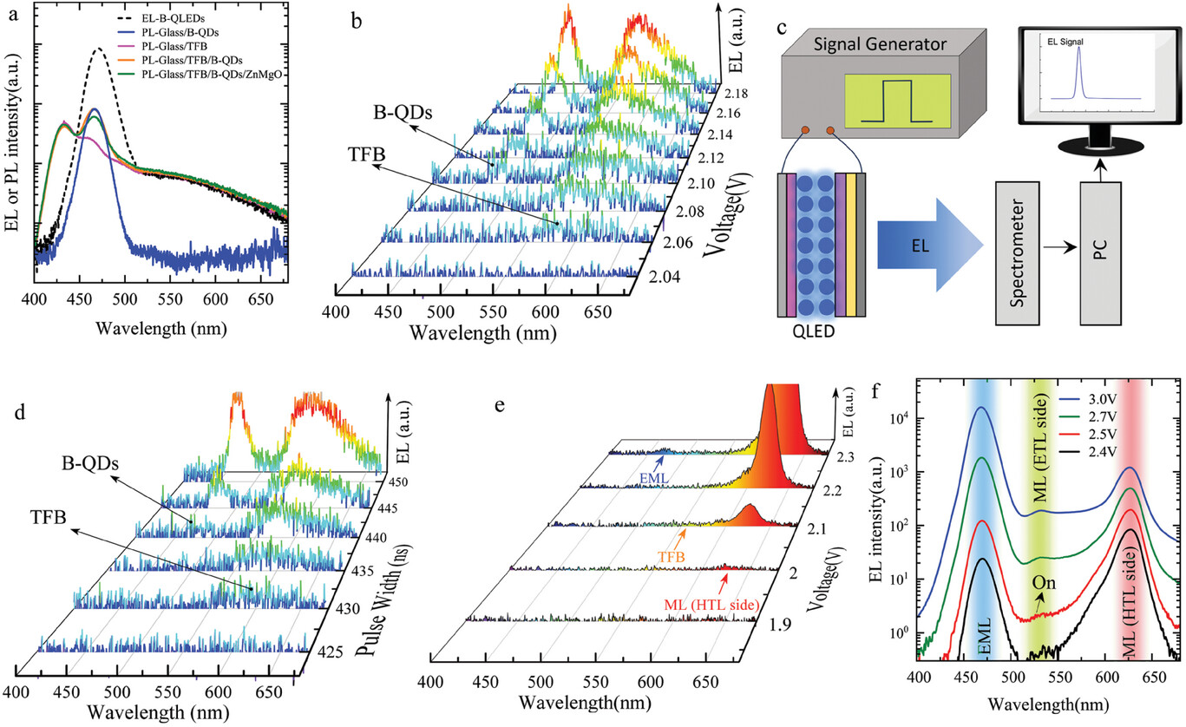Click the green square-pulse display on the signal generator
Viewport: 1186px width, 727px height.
(898, 102)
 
